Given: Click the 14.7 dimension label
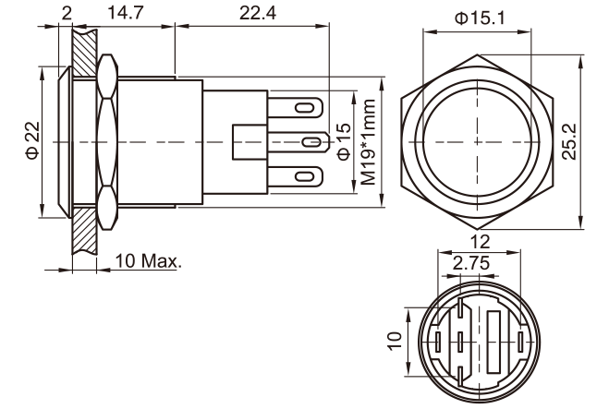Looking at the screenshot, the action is (x=126, y=13).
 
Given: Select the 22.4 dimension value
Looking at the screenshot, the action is (x=258, y=13).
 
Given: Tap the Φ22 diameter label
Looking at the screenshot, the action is (x=33, y=140).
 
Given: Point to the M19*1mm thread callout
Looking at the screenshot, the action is (x=368, y=142).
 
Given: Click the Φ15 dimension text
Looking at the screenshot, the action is (x=344, y=142).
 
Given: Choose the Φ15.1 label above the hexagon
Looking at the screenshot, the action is (x=480, y=18).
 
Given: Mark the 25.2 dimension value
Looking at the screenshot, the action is (x=569, y=141).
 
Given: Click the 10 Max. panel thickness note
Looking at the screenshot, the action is (x=149, y=260).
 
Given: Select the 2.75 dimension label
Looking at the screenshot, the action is (x=470, y=263).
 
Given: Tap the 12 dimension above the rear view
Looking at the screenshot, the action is (x=480, y=242).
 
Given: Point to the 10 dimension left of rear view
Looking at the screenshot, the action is (x=395, y=341).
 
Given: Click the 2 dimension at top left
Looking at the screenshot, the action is (x=67, y=13).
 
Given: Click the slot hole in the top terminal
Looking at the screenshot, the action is (x=305, y=108).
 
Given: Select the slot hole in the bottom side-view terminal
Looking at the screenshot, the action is (x=305, y=176).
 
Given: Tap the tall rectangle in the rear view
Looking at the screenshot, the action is (x=493, y=342).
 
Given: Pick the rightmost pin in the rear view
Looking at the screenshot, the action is (x=521, y=343).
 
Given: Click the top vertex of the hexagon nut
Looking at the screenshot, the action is (x=477, y=55).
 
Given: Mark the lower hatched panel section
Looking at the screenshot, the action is (x=84, y=231).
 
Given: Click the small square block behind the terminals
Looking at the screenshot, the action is (x=247, y=142).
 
